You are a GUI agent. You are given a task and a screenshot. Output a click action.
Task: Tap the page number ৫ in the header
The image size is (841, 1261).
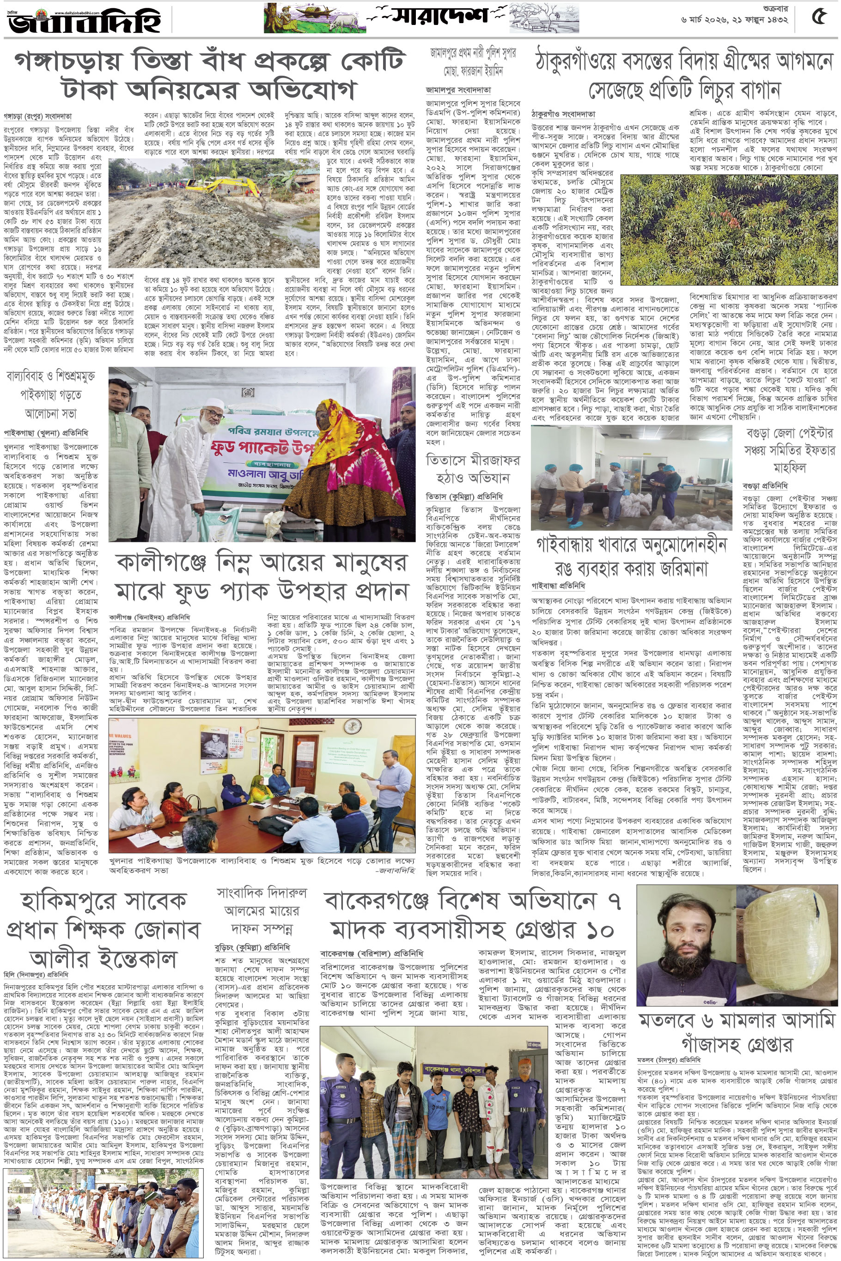(x=818, y=17)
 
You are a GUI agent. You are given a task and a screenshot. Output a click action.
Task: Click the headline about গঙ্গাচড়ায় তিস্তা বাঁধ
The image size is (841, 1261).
(x=209, y=75)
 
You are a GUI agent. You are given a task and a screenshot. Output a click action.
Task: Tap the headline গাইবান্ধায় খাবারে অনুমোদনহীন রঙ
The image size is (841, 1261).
(x=631, y=558)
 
